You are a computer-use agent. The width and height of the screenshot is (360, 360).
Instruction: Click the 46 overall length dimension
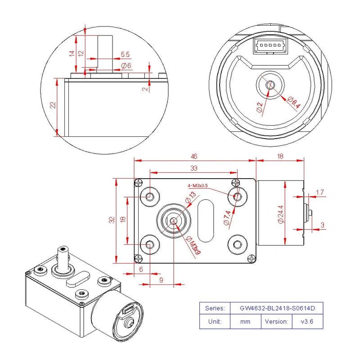pos(194,157)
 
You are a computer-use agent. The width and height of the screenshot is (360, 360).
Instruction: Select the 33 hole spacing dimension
pos(194,168)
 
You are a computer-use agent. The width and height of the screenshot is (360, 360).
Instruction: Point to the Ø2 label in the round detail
pos(260,107)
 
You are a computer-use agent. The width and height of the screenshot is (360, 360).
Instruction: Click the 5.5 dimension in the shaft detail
pos(125,54)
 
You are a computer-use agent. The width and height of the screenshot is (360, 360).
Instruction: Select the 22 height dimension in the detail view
pos(53,105)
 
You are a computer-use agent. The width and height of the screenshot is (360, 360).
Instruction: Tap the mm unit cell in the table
pos(245,321)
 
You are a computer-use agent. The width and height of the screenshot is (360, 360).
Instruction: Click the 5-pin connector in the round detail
pos(270,45)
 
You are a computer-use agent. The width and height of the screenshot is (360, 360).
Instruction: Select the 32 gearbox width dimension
pos(112,220)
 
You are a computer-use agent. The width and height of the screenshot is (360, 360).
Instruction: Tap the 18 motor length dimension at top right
pos(280,157)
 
